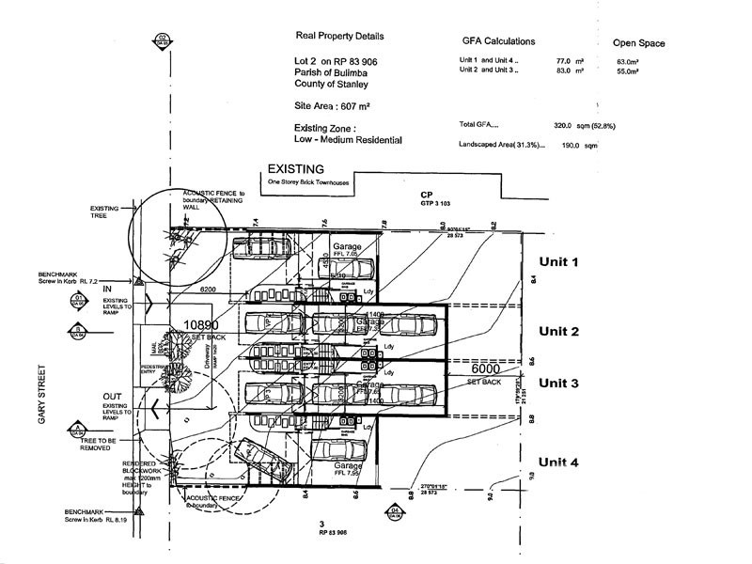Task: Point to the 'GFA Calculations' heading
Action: (498, 42)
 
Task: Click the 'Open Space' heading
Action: (638, 43)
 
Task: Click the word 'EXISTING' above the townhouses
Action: (297, 168)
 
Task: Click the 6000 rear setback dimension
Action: (491, 370)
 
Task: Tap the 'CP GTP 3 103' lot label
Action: (433, 198)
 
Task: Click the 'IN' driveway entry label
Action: (108, 287)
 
